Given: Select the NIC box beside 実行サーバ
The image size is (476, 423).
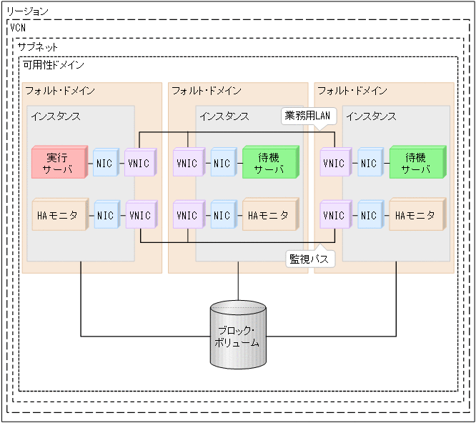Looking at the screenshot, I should (x=104, y=163).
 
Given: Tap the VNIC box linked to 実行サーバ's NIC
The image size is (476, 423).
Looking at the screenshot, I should (x=139, y=163).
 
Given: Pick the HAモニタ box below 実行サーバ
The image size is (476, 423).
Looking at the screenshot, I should (x=61, y=214).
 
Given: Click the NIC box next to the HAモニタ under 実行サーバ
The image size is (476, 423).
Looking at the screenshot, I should (x=105, y=214).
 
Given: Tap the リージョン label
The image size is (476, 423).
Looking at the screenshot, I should (x=28, y=11).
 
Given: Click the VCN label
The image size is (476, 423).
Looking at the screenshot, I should (x=19, y=27).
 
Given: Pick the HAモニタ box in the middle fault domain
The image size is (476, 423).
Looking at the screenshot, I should (x=269, y=214).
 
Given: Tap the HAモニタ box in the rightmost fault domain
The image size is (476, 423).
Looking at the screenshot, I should (x=415, y=214).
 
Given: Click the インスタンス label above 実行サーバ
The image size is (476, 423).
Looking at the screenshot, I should (x=55, y=116).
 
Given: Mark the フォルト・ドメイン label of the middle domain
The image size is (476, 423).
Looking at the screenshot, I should (x=206, y=91).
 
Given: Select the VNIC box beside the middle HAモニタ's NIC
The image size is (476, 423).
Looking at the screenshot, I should (x=187, y=214).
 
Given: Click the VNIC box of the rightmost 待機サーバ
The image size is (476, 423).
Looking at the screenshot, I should (x=334, y=163).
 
